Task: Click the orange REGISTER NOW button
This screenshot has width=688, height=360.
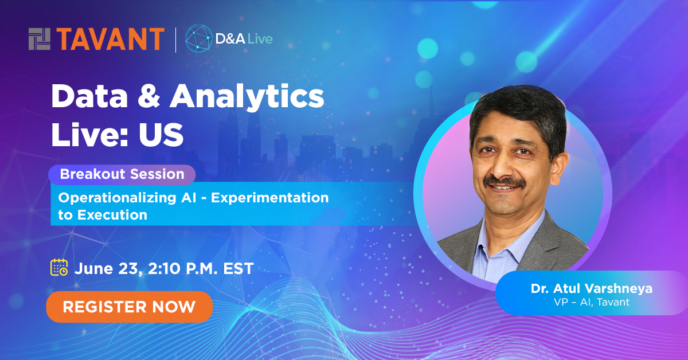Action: (x=129, y=307)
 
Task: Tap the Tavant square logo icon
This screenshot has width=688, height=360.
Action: (x=40, y=39)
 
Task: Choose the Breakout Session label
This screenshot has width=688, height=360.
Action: (x=122, y=174)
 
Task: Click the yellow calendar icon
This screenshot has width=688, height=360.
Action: (x=59, y=268)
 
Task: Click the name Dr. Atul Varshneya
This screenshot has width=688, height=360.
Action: (x=591, y=289)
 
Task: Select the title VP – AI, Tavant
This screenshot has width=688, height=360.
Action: (x=591, y=302)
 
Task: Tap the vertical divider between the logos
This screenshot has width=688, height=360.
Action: (x=175, y=39)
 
